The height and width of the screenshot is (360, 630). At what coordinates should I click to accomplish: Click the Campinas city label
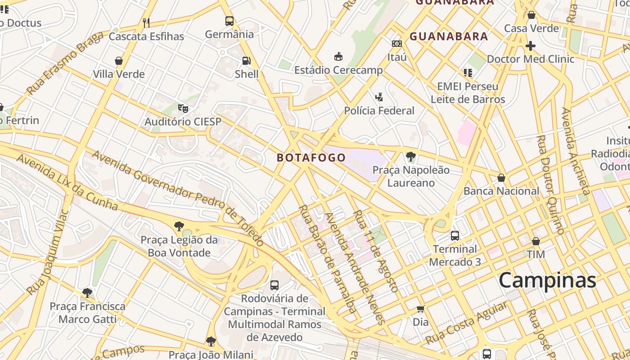click(x=547, y=280)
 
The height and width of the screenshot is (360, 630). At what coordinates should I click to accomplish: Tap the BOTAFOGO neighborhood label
click(x=311, y=157)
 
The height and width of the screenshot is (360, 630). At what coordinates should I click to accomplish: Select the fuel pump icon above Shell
click(x=247, y=61)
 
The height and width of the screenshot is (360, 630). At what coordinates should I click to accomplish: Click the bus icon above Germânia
click(x=229, y=21)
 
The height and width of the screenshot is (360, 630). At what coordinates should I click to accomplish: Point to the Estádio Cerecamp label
click(x=338, y=70)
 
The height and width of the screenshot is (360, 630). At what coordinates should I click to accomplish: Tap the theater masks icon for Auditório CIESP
click(x=183, y=108)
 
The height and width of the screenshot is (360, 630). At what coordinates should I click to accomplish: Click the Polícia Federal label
click(x=379, y=110)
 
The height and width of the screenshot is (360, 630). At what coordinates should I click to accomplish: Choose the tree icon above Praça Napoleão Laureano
click(x=410, y=157)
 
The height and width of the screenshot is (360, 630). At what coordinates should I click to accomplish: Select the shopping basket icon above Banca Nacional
click(x=501, y=178)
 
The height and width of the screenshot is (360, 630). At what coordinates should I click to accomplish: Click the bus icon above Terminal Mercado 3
click(x=455, y=235)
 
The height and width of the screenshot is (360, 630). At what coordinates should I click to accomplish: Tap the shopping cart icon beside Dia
click(x=420, y=309)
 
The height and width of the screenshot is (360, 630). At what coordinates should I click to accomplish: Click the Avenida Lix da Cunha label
click(x=67, y=182)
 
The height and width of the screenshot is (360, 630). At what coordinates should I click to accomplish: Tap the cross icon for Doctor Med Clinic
click(x=531, y=45)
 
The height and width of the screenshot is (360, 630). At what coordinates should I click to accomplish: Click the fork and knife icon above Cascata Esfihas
click(x=146, y=22)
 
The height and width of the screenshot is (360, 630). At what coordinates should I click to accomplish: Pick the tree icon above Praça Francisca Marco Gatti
click(x=87, y=293)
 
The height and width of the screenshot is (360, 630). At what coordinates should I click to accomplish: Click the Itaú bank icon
click(x=397, y=44)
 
